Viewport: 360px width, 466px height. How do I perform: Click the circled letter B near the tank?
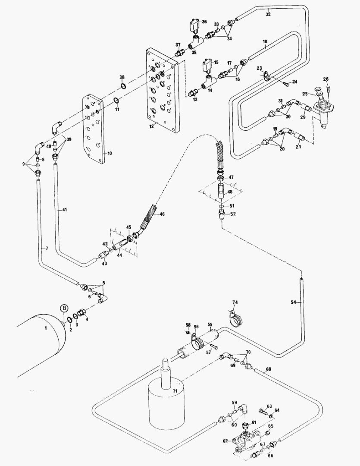tap(64, 308)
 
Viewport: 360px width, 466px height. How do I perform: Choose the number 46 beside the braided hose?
tap(162, 214)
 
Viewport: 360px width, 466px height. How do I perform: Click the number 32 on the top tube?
tap(268, 14)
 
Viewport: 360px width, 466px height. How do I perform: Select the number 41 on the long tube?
tap(64, 210)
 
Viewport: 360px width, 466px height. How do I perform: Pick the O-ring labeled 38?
tap(123, 86)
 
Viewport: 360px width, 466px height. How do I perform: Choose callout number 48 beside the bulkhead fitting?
tap(230, 192)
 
